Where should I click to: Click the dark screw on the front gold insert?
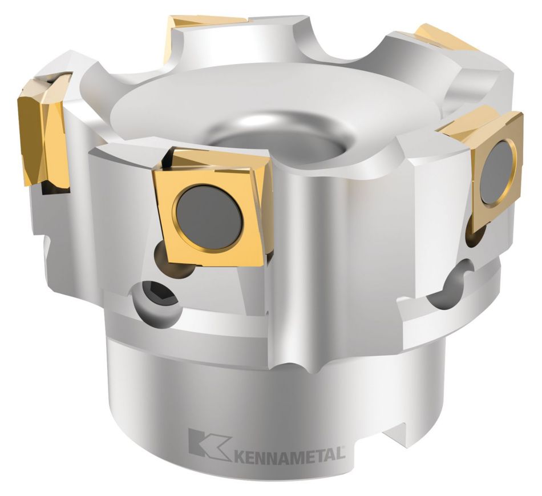click(x=209, y=217)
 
